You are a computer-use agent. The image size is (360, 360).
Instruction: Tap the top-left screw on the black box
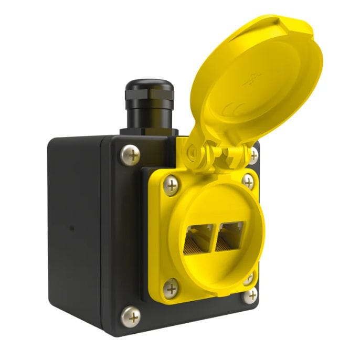[130, 155]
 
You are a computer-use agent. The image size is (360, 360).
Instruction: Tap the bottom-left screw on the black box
[131, 316]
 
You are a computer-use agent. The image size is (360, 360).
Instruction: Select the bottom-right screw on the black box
[252, 295]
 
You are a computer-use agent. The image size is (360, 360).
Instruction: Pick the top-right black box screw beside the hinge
[253, 155]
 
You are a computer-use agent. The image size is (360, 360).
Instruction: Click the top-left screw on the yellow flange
[171, 185]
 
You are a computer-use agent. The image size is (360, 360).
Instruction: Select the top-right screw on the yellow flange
[248, 181]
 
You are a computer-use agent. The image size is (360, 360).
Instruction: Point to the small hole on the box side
[72, 229]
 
